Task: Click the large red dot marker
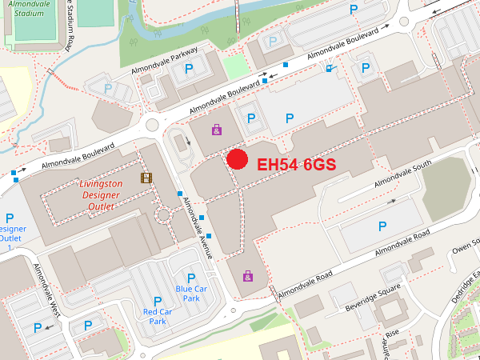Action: click(x=237, y=158)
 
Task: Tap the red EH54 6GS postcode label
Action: click(x=295, y=164)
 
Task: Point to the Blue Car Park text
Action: click(x=191, y=293)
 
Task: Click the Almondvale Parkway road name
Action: click(x=168, y=63)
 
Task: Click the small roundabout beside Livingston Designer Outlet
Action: click(x=164, y=214)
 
